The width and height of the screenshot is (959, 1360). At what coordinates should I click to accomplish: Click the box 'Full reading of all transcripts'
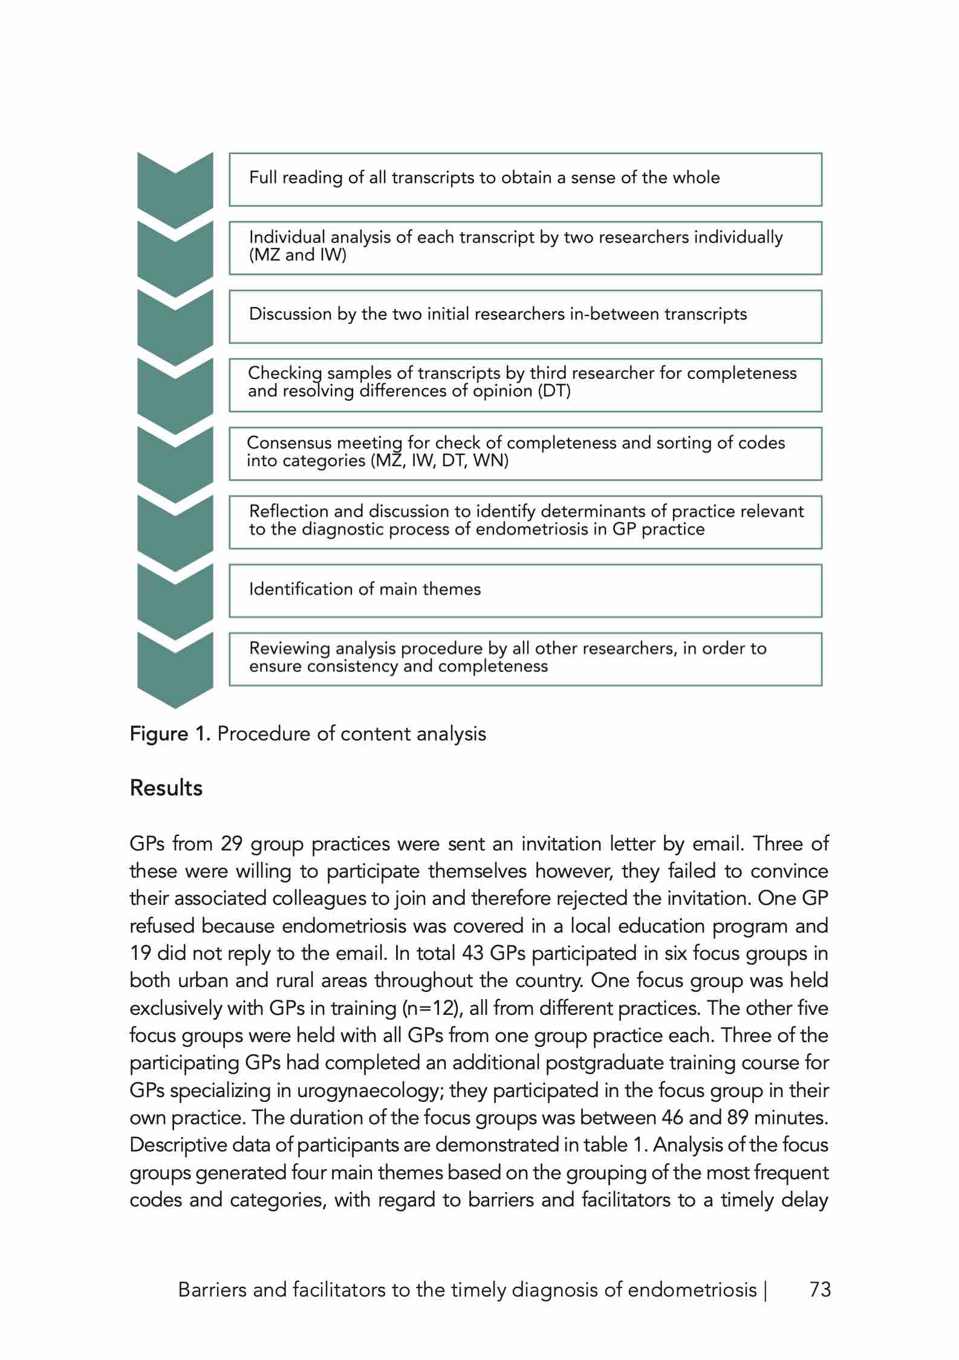click(x=525, y=180)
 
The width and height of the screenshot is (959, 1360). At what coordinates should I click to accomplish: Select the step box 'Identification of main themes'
click(x=525, y=591)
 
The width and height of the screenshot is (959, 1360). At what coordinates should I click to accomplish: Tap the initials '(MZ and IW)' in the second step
click(x=297, y=256)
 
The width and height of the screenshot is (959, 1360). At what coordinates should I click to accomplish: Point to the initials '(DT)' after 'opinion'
click(x=554, y=392)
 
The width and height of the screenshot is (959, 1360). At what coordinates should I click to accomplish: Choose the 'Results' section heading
click(x=166, y=788)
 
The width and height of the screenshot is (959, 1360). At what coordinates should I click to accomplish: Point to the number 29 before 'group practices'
click(x=232, y=844)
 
